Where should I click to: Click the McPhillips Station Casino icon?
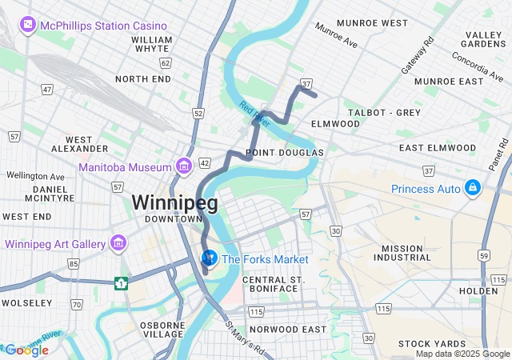(29, 25)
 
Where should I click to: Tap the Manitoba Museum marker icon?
(184, 166)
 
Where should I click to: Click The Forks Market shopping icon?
(209, 258)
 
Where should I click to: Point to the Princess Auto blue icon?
(473, 187)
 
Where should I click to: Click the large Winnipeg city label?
(174, 202)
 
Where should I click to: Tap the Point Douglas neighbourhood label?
(285, 152)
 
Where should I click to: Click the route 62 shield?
(166, 62)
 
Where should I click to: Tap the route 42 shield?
(205, 163)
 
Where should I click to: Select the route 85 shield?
(74, 264)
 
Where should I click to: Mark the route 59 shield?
(483, 255)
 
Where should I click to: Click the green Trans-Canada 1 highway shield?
(121, 283)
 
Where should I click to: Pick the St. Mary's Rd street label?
(243, 339)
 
